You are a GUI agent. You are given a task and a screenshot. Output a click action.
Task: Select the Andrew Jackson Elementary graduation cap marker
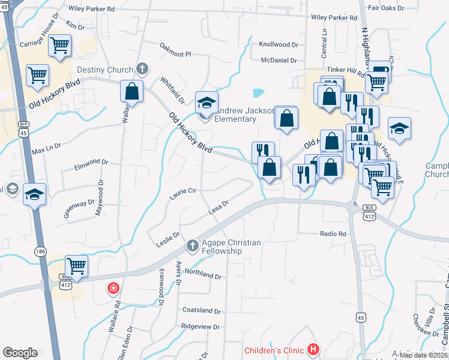point(206,103)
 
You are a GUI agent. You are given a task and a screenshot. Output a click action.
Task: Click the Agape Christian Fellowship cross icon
point(193,245)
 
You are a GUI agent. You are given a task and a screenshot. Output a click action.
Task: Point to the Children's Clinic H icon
point(312,349)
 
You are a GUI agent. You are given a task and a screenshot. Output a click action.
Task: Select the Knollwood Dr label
point(279,44)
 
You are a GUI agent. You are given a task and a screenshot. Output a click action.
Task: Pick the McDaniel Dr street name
point(279,60)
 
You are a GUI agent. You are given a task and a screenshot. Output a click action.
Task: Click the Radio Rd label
point(334,234)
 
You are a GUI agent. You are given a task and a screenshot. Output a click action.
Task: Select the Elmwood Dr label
point(91,163)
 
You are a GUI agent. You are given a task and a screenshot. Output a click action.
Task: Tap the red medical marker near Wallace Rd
point(113,289)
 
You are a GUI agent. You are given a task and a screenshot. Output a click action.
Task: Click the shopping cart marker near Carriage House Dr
point(59,45)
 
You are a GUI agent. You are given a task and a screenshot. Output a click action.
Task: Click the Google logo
point(20,353)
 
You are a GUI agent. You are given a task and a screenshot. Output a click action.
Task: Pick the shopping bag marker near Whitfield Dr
point(132,92)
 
